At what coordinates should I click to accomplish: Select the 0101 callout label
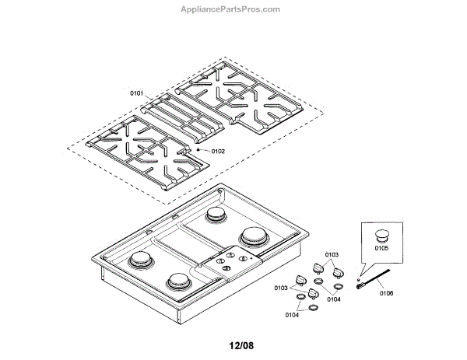pos(136,93)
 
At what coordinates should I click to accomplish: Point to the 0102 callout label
pos(217,151)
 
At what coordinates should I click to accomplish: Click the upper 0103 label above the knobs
pos(332,254)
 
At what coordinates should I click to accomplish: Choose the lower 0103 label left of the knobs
pos(281,288)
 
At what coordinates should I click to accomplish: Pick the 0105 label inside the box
pos(381,249)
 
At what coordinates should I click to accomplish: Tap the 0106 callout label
pos(387,293)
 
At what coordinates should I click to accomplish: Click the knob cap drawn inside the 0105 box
pos(381,234)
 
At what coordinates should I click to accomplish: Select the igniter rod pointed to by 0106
pos(374,278)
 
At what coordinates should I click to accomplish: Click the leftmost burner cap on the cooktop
pos(142,260)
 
